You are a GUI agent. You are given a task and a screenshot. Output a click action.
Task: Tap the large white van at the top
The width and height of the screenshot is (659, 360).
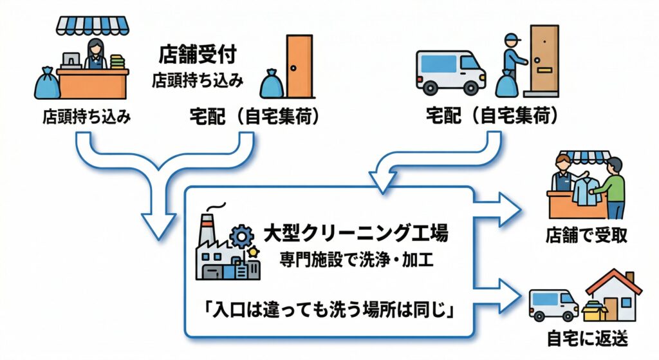pyautogui.click(x=449, y=70)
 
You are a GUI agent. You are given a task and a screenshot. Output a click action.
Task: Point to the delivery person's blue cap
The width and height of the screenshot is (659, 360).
pyautogui.click(x=510, y=38)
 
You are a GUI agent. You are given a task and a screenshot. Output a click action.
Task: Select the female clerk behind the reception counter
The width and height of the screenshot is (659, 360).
pyautogui.click(x=95, y=55)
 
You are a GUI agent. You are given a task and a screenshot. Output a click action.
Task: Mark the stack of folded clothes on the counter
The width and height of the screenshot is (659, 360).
pyautogui.click(x=116, y=62)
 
